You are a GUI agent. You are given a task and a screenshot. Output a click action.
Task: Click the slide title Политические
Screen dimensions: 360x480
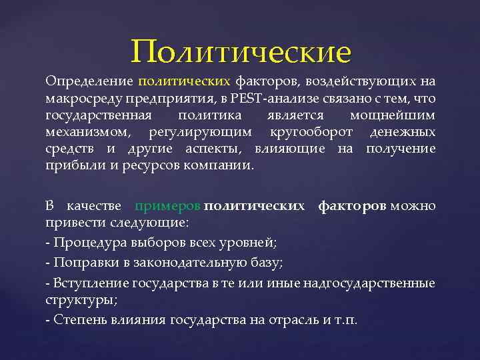coord(241,51)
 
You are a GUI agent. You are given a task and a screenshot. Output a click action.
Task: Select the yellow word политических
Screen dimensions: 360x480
coord(184,82)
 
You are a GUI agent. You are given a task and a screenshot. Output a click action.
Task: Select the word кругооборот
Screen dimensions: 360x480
coord(306,132)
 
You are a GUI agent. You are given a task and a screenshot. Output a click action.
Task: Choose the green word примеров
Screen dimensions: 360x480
coord(167,206)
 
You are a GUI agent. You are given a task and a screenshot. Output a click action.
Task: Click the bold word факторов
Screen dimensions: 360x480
coord(351,206)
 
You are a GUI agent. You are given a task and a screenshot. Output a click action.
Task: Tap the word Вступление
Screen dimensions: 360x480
coord(90,284)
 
